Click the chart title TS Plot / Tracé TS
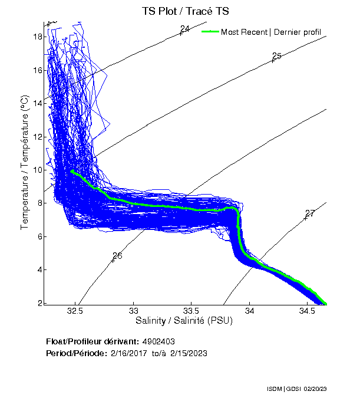186,11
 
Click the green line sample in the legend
210,31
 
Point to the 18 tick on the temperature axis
37,37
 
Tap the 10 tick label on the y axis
37,170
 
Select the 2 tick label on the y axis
39,303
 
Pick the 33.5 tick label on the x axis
191,311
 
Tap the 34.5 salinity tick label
307,311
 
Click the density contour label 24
185,29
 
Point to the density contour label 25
277,56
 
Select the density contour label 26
117,256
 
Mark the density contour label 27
310,213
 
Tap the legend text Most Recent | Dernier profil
271,31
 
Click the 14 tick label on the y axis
37,103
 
